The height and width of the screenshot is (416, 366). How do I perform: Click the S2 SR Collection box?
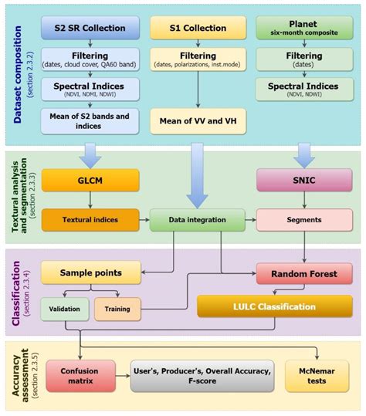[x=90, y=29]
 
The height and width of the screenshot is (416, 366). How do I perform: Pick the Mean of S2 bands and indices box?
[x=90, y=120]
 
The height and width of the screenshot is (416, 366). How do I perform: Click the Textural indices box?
[x=90, y=219]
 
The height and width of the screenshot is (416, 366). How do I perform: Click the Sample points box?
[x=90, y=272]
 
